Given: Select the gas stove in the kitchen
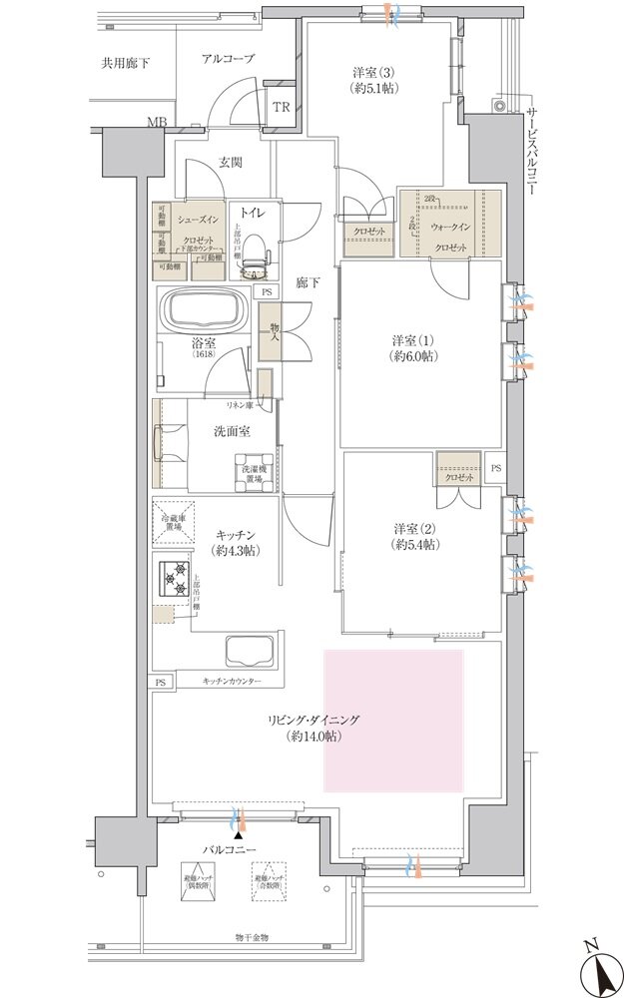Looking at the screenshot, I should pyautogui.click(x=172, y=579).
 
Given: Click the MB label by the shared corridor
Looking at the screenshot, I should pyautogui.click(x=157, y=123).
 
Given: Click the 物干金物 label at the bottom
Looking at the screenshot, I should pyautogui.click(x=252, y=937).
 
